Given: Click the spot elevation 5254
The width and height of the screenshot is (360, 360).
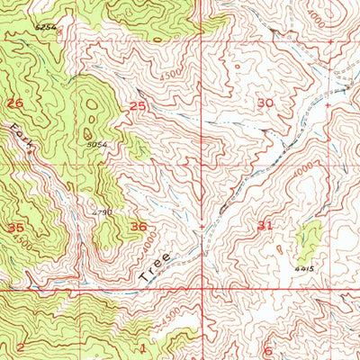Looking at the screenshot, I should [46, 28].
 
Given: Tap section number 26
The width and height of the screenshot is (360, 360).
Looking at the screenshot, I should [14, 103].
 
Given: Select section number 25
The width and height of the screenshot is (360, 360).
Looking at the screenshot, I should [137, 106].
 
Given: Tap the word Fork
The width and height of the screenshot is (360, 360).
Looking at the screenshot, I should [22, 140].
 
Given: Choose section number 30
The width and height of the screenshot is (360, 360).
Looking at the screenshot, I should [264, 103].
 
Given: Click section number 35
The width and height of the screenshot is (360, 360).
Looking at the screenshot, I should [14, 228].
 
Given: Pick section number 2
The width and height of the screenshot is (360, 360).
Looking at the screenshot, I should [19, 346].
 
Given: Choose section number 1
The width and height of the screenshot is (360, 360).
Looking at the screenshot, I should [141, 347].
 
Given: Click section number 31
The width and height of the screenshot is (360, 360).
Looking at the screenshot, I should [264, 225].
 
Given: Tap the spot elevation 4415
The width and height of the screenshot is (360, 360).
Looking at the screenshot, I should [301, 267].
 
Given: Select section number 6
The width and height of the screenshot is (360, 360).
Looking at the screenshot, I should [267, 350].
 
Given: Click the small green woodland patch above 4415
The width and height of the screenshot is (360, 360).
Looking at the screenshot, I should [309, 238].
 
